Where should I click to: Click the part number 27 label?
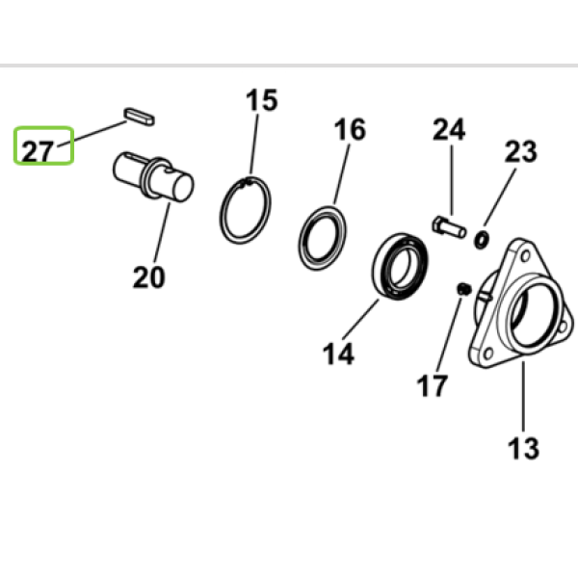coord(38,151)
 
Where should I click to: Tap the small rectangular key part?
coord(139,117)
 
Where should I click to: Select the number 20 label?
coord(149,277)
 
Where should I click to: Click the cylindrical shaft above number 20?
coord(153,176)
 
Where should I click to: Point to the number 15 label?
coord(262,100)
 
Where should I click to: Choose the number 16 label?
coord(350,129)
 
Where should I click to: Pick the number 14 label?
coord(338,354)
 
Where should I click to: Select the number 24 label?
coord(449,129)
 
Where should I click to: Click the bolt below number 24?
coord(449,227)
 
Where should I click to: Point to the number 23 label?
coord(521,151)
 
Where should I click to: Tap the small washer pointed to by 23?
coord(482,240)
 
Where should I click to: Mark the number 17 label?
coord(433,385)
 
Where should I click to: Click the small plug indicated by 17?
coord(464,289)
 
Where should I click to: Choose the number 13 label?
coord(523,449)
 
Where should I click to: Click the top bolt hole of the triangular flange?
coord(526,255)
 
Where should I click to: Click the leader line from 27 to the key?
coord(92,134)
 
